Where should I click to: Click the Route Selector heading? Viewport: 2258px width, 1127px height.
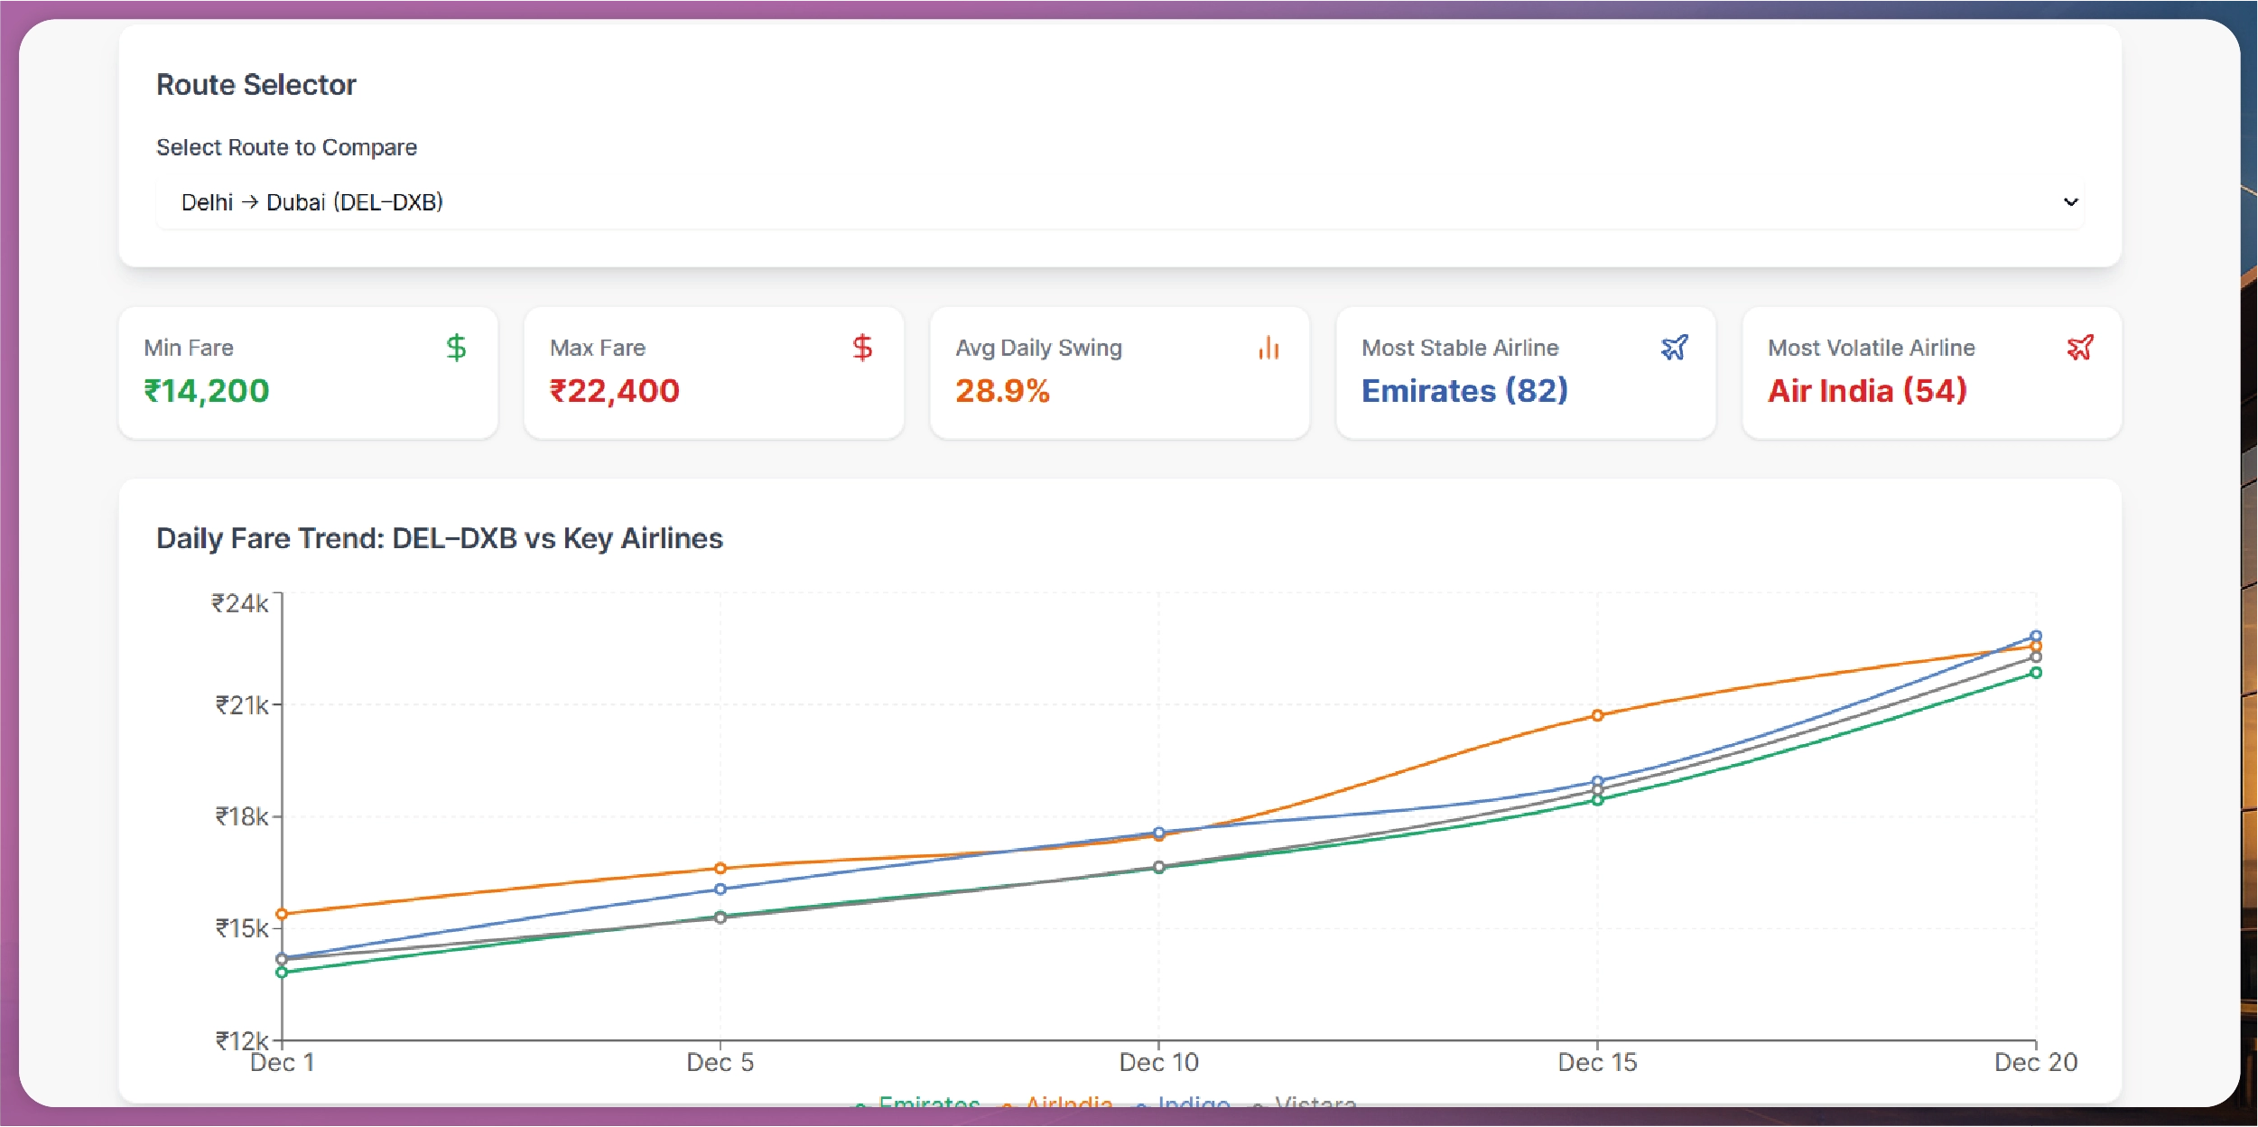(x=256, y=85)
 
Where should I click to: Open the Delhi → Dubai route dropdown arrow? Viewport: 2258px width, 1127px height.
(x=2070, y=202)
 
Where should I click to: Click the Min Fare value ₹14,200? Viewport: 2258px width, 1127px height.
(x=207, y=391)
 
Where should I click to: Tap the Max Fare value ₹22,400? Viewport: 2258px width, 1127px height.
(x=614, y=391)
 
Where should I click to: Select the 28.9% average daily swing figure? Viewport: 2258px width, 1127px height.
(x=1002, y=391)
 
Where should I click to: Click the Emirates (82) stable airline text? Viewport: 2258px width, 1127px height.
(x=1464, y=391)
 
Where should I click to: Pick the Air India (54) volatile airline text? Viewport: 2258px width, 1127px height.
(x=1866, y=391)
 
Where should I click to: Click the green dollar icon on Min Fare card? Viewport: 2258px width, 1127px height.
(x=456, y=348)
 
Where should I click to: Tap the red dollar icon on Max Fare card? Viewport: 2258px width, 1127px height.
(x=862, y=348)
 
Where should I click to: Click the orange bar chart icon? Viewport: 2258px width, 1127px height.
(x=1268, y=348)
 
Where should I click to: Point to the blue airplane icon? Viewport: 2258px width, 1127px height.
(x=1674, y=348)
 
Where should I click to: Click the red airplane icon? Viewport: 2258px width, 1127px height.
(x=2080, y=348)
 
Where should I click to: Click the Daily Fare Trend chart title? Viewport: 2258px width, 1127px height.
(x=439, y=538)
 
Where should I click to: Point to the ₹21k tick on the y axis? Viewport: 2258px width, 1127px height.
(x=241, y=705)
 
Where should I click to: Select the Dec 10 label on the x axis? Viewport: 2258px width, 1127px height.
(x=1158, y=1062)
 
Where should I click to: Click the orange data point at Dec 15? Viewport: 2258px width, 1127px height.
(x=1597, y=715)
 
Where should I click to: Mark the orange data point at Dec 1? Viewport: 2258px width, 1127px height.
(x=282, y=914)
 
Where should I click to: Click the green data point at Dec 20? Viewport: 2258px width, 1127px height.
(x=2036, y=673)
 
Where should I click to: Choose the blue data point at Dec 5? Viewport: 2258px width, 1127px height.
(x=720, y=889)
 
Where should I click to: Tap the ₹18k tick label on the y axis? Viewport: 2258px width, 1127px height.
(x=241, y=817)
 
